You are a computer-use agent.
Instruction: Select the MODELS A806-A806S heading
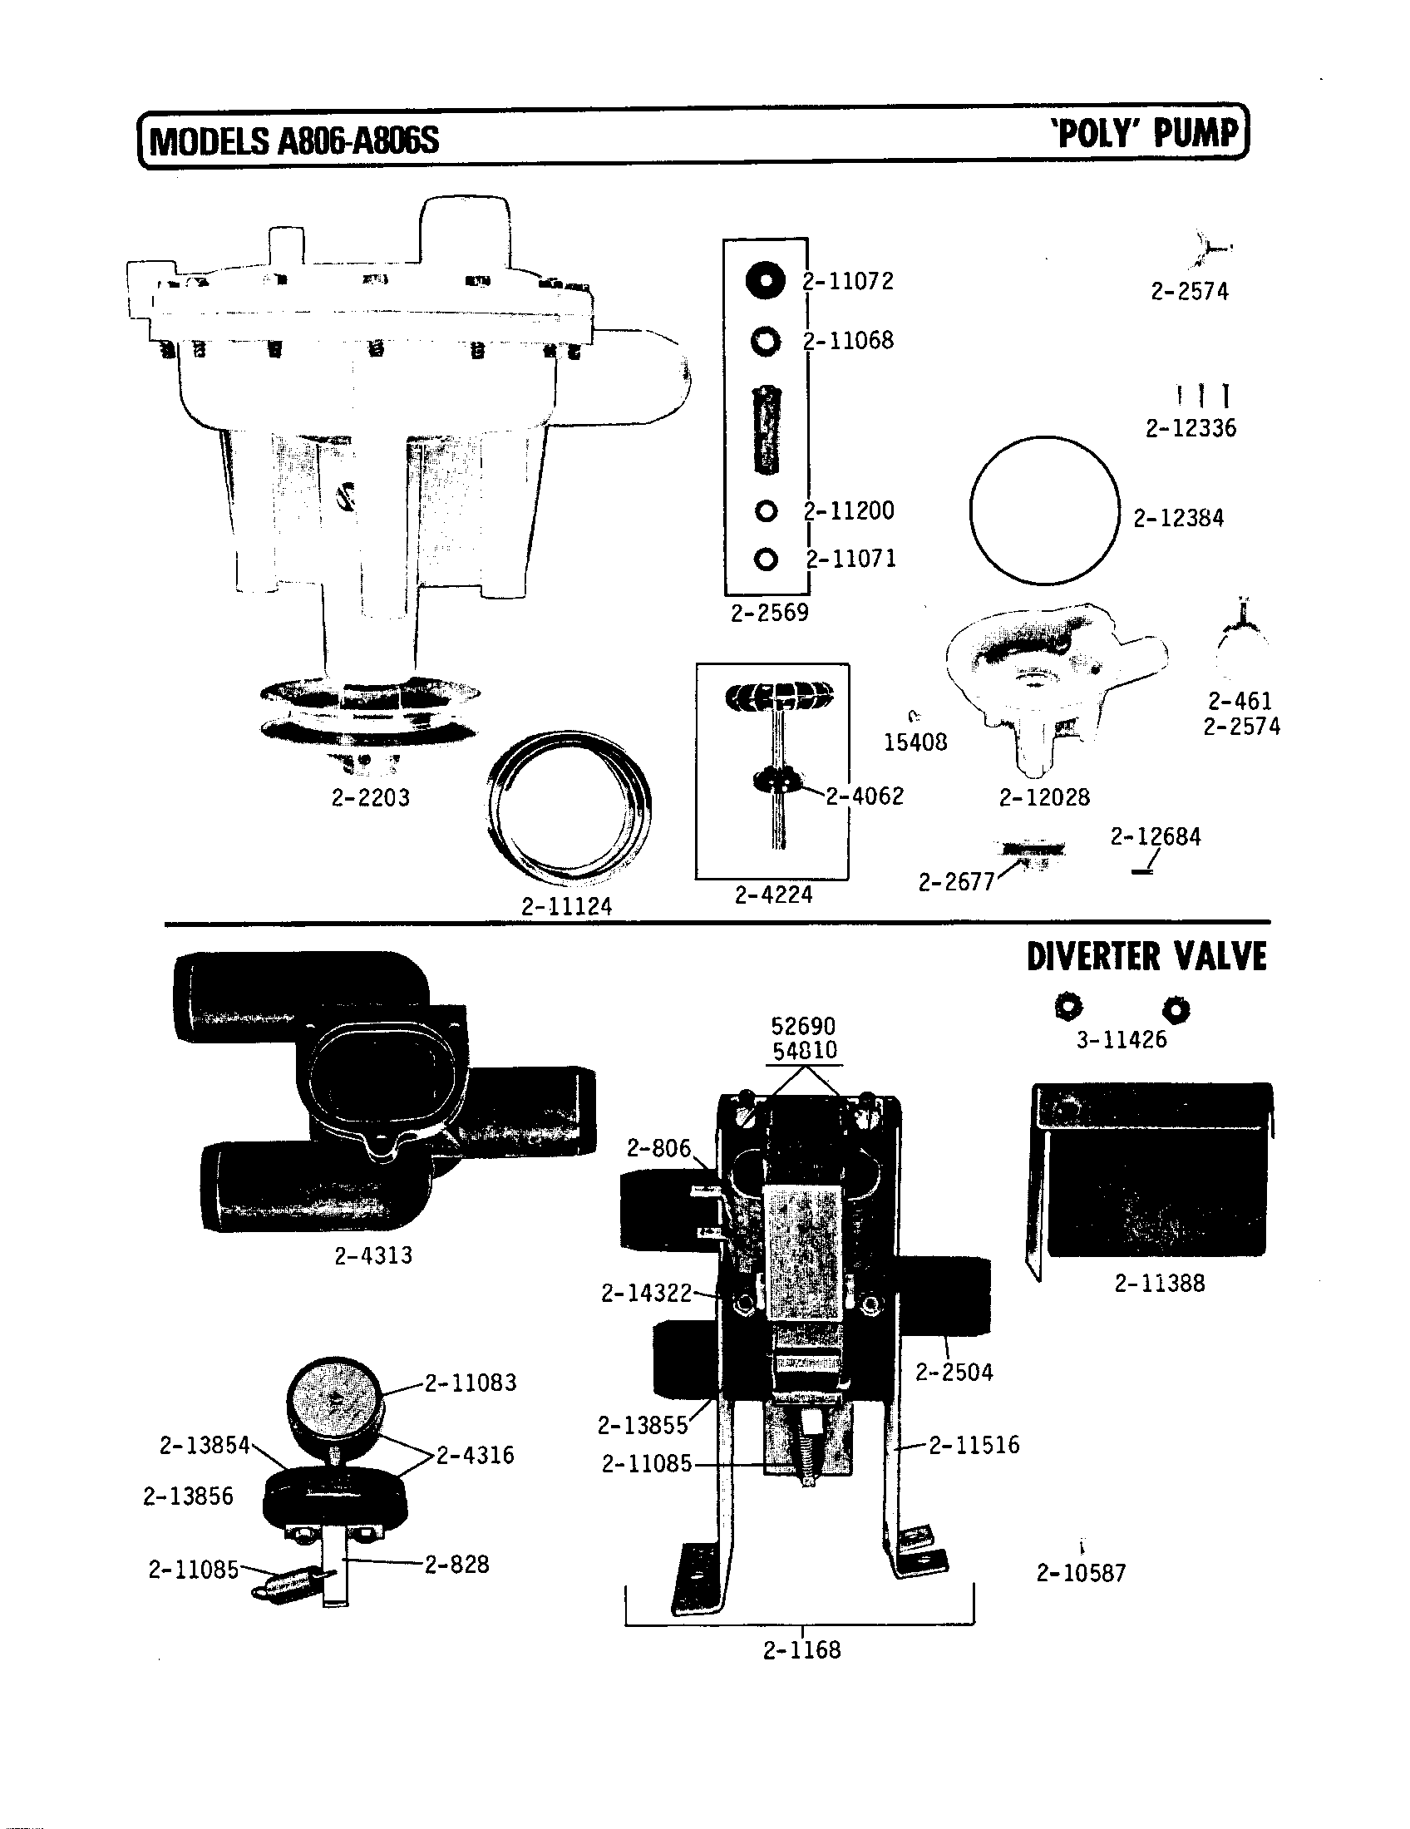click(293, 141)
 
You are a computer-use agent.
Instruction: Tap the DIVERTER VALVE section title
click(1146, 957)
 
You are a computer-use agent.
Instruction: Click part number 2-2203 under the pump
click(371, 797)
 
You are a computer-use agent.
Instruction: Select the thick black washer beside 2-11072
click(765, 279)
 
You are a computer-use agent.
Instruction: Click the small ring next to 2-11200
click(766, 510)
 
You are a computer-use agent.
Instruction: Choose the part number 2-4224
click(774, 895)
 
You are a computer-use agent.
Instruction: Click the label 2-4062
click(865, 796)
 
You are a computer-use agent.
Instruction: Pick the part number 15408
click(915, 742)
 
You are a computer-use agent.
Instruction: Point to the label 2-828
click(456, 1565)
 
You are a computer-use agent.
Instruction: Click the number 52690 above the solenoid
click(803, 1026)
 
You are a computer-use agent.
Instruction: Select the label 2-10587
click(1081, 1573)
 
